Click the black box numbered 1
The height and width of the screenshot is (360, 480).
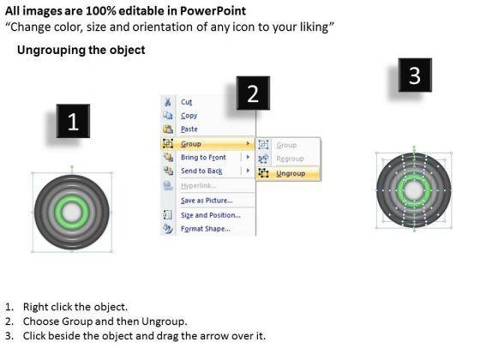pos(73,121)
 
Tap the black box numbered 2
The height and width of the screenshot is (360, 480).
pos(253,93)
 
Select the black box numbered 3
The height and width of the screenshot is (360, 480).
pos(415,75)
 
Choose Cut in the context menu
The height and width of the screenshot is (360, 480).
pos(187,102)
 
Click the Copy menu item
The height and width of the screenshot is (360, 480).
pos(189,116)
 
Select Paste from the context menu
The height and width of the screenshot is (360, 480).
pos(189,129)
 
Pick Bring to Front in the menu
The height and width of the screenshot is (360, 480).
pos(203,158)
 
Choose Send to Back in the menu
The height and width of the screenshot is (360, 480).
pos(201,171)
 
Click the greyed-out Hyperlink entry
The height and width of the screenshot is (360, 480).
pos(199,186)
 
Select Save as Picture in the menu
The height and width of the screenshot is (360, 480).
pos(207,201)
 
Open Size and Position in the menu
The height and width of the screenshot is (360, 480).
pos(211,215)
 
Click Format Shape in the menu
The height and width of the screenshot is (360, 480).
pos(206,229)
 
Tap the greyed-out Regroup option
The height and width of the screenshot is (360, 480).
pos(290,159)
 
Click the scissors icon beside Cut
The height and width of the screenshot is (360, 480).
pos(168,102)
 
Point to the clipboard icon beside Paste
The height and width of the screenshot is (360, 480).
pos(168,129)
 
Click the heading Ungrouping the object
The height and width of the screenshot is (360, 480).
pos(81,50)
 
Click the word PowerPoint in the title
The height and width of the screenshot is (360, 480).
pos(213,11)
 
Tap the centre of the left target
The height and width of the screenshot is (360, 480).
pos(72,213)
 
